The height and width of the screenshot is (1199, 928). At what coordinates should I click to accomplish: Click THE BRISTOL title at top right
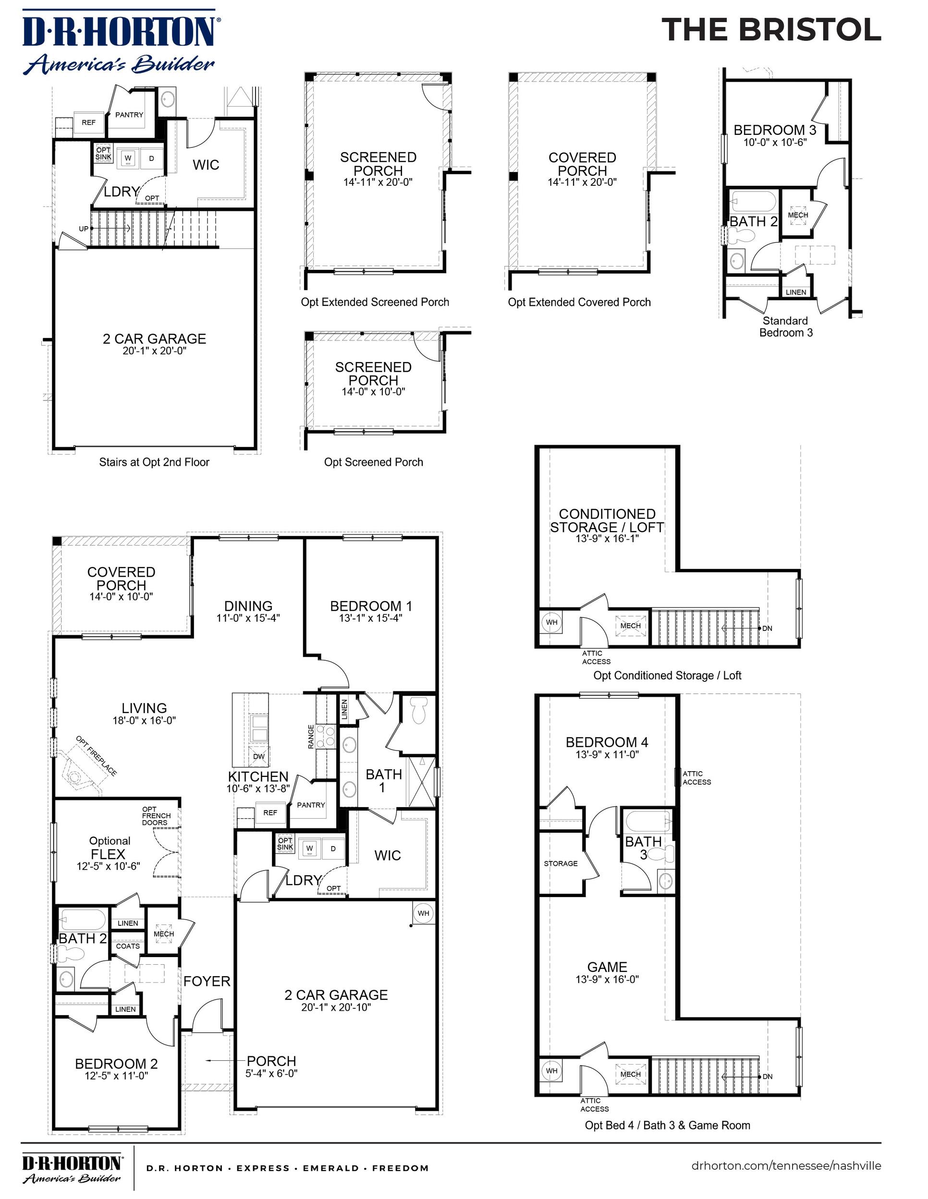[771, 30]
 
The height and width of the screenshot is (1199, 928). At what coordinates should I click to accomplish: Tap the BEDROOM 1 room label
[371, 606]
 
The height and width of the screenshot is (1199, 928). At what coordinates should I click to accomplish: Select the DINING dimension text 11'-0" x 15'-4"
[248, 618]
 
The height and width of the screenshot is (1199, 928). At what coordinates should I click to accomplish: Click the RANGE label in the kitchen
[311, 737]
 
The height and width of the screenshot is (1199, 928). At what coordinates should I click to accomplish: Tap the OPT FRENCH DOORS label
[156, 816]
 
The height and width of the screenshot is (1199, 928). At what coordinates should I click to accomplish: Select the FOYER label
[207, 981]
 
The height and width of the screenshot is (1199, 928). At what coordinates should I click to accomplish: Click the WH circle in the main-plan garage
[423, 913]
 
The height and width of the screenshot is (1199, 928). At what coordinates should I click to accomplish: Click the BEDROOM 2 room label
[116, 1064]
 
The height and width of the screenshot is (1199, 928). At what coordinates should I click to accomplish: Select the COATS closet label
[128, 946]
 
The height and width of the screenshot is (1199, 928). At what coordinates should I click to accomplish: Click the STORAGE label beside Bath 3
[561, 863]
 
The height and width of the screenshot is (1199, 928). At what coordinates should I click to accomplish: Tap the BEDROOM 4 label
[607, 742]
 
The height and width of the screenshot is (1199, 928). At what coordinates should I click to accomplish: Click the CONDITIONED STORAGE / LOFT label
[607, 521]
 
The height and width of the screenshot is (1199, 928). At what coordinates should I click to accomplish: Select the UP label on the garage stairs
[84, 229]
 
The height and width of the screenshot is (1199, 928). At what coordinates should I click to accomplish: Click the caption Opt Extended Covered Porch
[579, 302]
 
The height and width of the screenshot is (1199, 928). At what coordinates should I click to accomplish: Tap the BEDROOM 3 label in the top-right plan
[775, 130]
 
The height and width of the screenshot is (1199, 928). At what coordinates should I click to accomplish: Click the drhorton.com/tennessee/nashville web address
[786, 1165]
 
